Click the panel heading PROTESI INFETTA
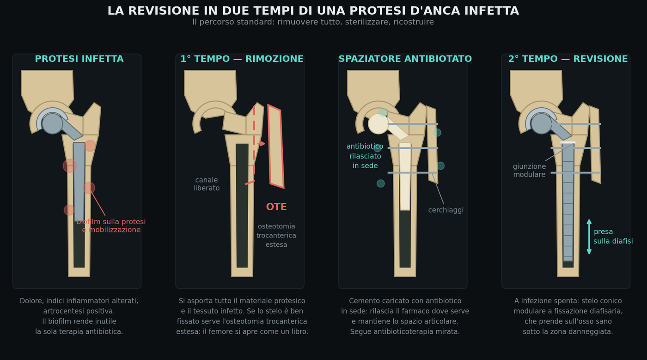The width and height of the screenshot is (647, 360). pyautogui.click(x=79, y=59)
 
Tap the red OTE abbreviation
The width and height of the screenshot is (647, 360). pyautogui.click(x=276, y=207)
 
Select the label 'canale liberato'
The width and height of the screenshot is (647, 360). pyautogui.click(x=207, y=184)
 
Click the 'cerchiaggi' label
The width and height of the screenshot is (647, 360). pyautogui.click(x=446, y=210)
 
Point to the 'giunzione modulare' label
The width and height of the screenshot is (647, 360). pyautogui.click(x=529, y=171)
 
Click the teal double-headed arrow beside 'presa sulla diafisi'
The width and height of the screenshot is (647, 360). pyautogui.click(x=589, y=237)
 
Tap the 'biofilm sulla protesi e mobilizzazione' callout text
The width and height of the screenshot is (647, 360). pyautogui.click(x=111, y=226)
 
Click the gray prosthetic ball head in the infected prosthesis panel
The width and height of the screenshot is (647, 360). pyautogui.click(x=52, y=124)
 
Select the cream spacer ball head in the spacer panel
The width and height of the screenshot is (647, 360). pyautogui.click(x=378, y=124)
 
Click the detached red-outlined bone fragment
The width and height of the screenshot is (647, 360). pyautogui.click(x=276, y=146)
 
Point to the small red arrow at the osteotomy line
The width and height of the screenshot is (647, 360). pyautogui.click(x=261, y=144)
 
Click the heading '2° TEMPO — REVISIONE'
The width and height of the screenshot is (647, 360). pyautogui.click(x=568, y=59)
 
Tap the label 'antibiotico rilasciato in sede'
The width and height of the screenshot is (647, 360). pyautogui.click(x=365, y=156)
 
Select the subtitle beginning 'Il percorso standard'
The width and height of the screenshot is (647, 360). pyautogui.click(x=313, y=22)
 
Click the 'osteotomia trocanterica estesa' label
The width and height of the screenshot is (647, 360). pyautogui.click(x=276, y=236)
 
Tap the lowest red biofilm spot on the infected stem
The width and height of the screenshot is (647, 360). pyautogui.click(x=69, y=210)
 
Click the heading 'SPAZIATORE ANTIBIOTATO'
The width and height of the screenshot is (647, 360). pyautogui.click(x=405, y=59)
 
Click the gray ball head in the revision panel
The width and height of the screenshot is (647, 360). pyautogui.click(x=541, y=124)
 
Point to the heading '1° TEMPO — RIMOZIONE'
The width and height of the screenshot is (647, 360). pyautogui.click(x=242, y=59)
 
